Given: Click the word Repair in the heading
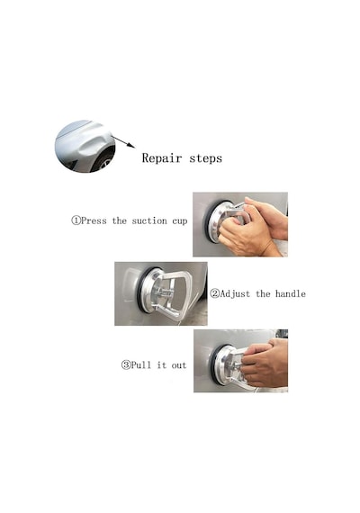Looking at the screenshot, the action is coord(162,158).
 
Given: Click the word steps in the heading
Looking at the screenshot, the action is coord(206,158).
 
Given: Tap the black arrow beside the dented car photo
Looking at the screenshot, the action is coord(123,141).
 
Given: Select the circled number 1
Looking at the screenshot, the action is coord(76,220).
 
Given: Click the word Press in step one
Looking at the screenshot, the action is coord(94,220).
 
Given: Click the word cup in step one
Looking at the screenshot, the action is coord(180,221).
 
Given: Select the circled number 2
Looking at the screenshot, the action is coord(214,293).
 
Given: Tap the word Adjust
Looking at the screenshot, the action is coord(235,293).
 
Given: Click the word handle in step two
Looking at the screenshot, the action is coord(291,293).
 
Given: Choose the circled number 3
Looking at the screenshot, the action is coord(126,364).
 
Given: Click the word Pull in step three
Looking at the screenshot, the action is coord(141,364).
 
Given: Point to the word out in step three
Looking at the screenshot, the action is coord(179,365).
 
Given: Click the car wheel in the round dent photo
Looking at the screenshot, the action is coord(104,160).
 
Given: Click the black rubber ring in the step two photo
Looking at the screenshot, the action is coord(140,288).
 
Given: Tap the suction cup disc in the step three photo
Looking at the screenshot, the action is coord(222,364).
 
